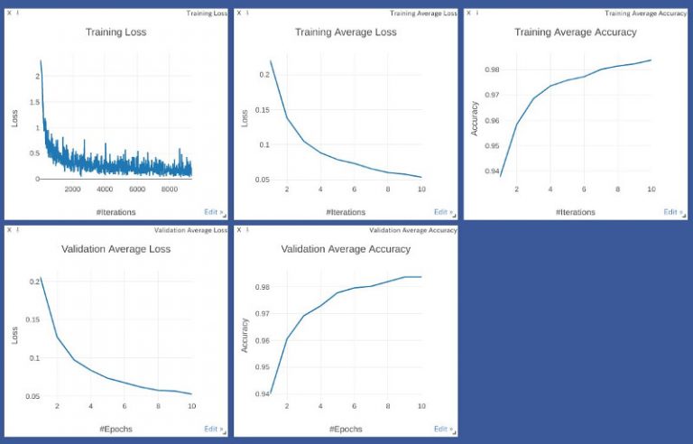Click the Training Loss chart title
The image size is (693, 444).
(x=115, y=32)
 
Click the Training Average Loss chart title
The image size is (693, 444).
(x=346, y=32)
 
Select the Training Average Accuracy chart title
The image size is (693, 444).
(x=575, y=32)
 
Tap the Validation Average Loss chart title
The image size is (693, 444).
(x=115, y=249)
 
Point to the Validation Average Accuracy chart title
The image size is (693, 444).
(x=346, y=249)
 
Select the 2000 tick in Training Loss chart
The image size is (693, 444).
(x=72, y=189)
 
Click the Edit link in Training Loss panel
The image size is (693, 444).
(x=213, y=212)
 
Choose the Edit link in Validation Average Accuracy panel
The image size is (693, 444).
(x=443, y=429)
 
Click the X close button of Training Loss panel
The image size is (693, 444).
(x=9, y=14)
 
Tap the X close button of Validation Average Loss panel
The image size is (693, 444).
(x=9, y=230)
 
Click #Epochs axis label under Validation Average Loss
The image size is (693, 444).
(x=115, y=429)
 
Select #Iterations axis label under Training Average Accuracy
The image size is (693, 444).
(x=575, y=212)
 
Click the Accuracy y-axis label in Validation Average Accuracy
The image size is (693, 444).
(x=245, y=335)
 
